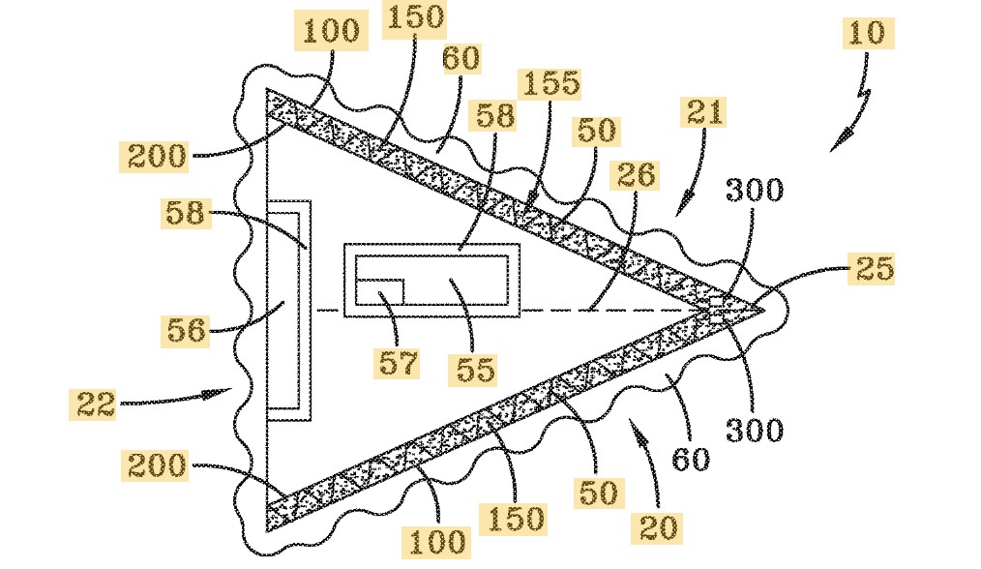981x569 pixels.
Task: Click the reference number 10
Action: point(866,33)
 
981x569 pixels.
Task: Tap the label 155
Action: point(550,83)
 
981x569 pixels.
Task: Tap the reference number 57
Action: point(400,363)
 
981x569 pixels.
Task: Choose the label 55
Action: point(475,368)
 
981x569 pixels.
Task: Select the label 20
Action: point(657,527)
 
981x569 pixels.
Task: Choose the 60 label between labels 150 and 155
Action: point(461,59)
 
